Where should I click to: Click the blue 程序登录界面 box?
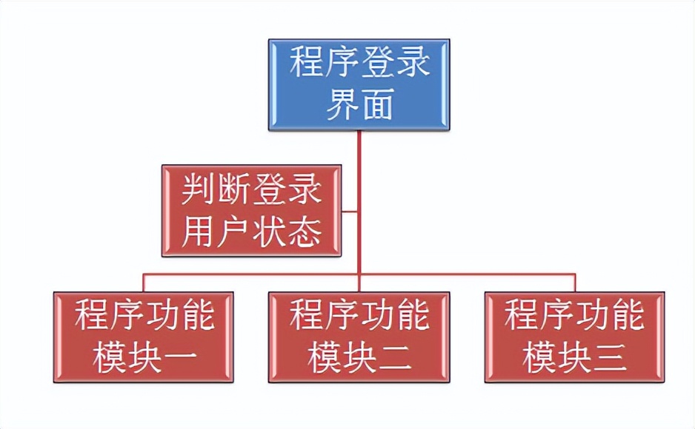(359, 84)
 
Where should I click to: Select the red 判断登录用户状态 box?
(251, 210)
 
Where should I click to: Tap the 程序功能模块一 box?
(144, 337)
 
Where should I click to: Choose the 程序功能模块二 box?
(359, 337)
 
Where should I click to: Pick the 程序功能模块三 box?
(574, 337)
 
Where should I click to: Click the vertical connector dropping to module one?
(144, 283)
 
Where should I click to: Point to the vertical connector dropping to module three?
(574, 283)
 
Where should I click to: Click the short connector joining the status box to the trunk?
(350, 212)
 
